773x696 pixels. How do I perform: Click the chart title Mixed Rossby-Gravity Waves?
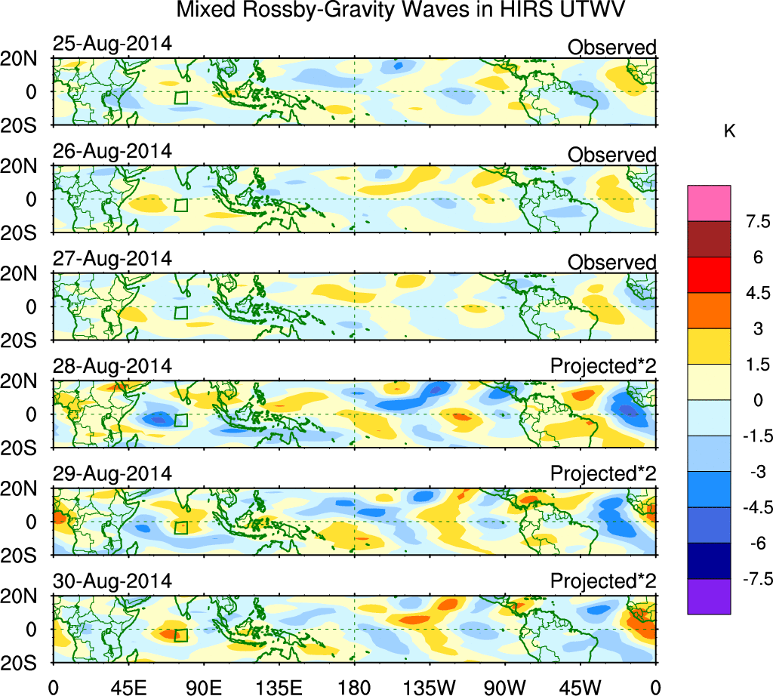point(402,12)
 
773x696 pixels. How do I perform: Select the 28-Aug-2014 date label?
point(112,366)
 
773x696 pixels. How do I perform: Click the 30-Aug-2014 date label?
point(112,581)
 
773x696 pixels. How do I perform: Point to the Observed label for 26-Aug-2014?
point(611,156)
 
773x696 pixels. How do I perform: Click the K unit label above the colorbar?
point(729,131)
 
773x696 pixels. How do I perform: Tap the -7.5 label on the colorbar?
point(752,579)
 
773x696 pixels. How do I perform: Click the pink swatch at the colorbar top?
point(709,203)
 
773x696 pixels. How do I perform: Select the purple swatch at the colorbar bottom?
point(709,596)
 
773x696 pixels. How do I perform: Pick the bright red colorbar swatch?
point(709,275)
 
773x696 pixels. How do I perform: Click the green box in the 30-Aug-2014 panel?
point(180,636)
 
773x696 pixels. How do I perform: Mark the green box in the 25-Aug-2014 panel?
point(180,97)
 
